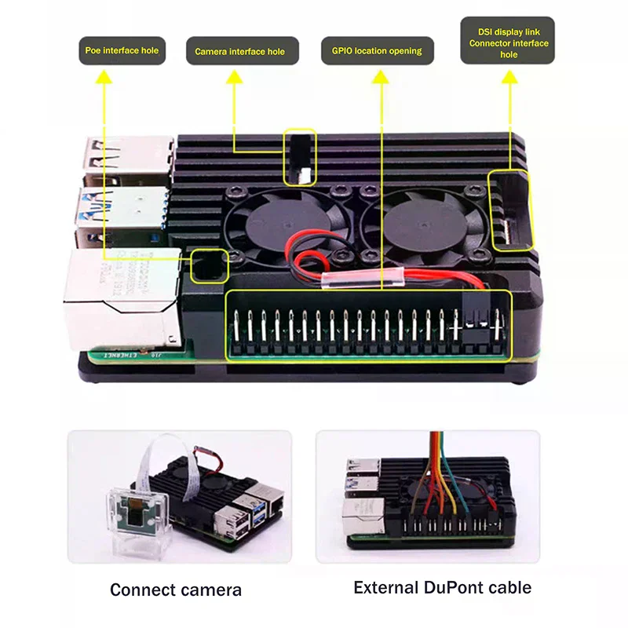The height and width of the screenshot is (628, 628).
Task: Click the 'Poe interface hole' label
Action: tap(122, 50)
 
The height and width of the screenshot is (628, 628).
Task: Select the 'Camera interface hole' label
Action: tap(241, 52)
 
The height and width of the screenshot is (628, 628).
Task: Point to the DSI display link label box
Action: tap(508, 41)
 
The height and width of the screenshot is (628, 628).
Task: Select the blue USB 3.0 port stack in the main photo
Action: tap(126, 208)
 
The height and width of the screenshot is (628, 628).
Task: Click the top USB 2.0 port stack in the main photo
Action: tap(130, 157)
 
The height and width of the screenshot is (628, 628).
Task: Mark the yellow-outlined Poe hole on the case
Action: tap(206, 266)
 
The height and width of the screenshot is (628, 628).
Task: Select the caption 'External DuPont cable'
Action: tap(442, 587)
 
